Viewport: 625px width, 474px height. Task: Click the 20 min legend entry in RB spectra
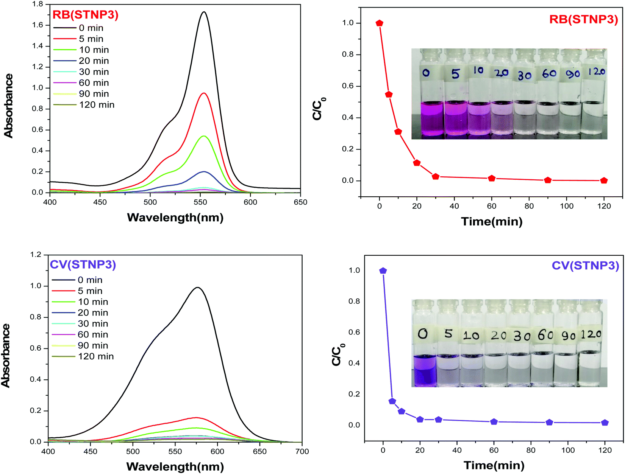(81, 61)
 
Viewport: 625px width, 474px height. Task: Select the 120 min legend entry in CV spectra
(83, 356)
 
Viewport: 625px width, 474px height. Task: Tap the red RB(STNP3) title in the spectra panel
(86, 15)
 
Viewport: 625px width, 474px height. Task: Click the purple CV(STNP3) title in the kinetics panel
(586, 265)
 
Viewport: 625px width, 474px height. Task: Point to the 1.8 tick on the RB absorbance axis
(37, 4)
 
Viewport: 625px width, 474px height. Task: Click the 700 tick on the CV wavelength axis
(302, 451)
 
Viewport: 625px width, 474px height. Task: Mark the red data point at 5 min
(389, 94)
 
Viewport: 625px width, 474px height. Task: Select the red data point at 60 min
(492, 178)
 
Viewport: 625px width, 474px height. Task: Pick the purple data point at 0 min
(383, 270)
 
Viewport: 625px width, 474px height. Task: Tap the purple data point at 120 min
(605, 423)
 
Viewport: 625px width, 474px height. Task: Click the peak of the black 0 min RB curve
(204, 12)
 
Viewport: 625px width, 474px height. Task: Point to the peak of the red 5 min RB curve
(204, 93)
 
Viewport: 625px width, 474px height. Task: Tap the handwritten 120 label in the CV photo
(591, 334)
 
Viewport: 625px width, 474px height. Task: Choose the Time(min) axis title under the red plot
(492, 222)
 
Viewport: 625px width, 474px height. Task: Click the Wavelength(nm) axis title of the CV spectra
(175, 466)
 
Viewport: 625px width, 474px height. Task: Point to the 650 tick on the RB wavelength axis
(301, 202)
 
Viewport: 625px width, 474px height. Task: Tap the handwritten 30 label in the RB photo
(524, 76)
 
